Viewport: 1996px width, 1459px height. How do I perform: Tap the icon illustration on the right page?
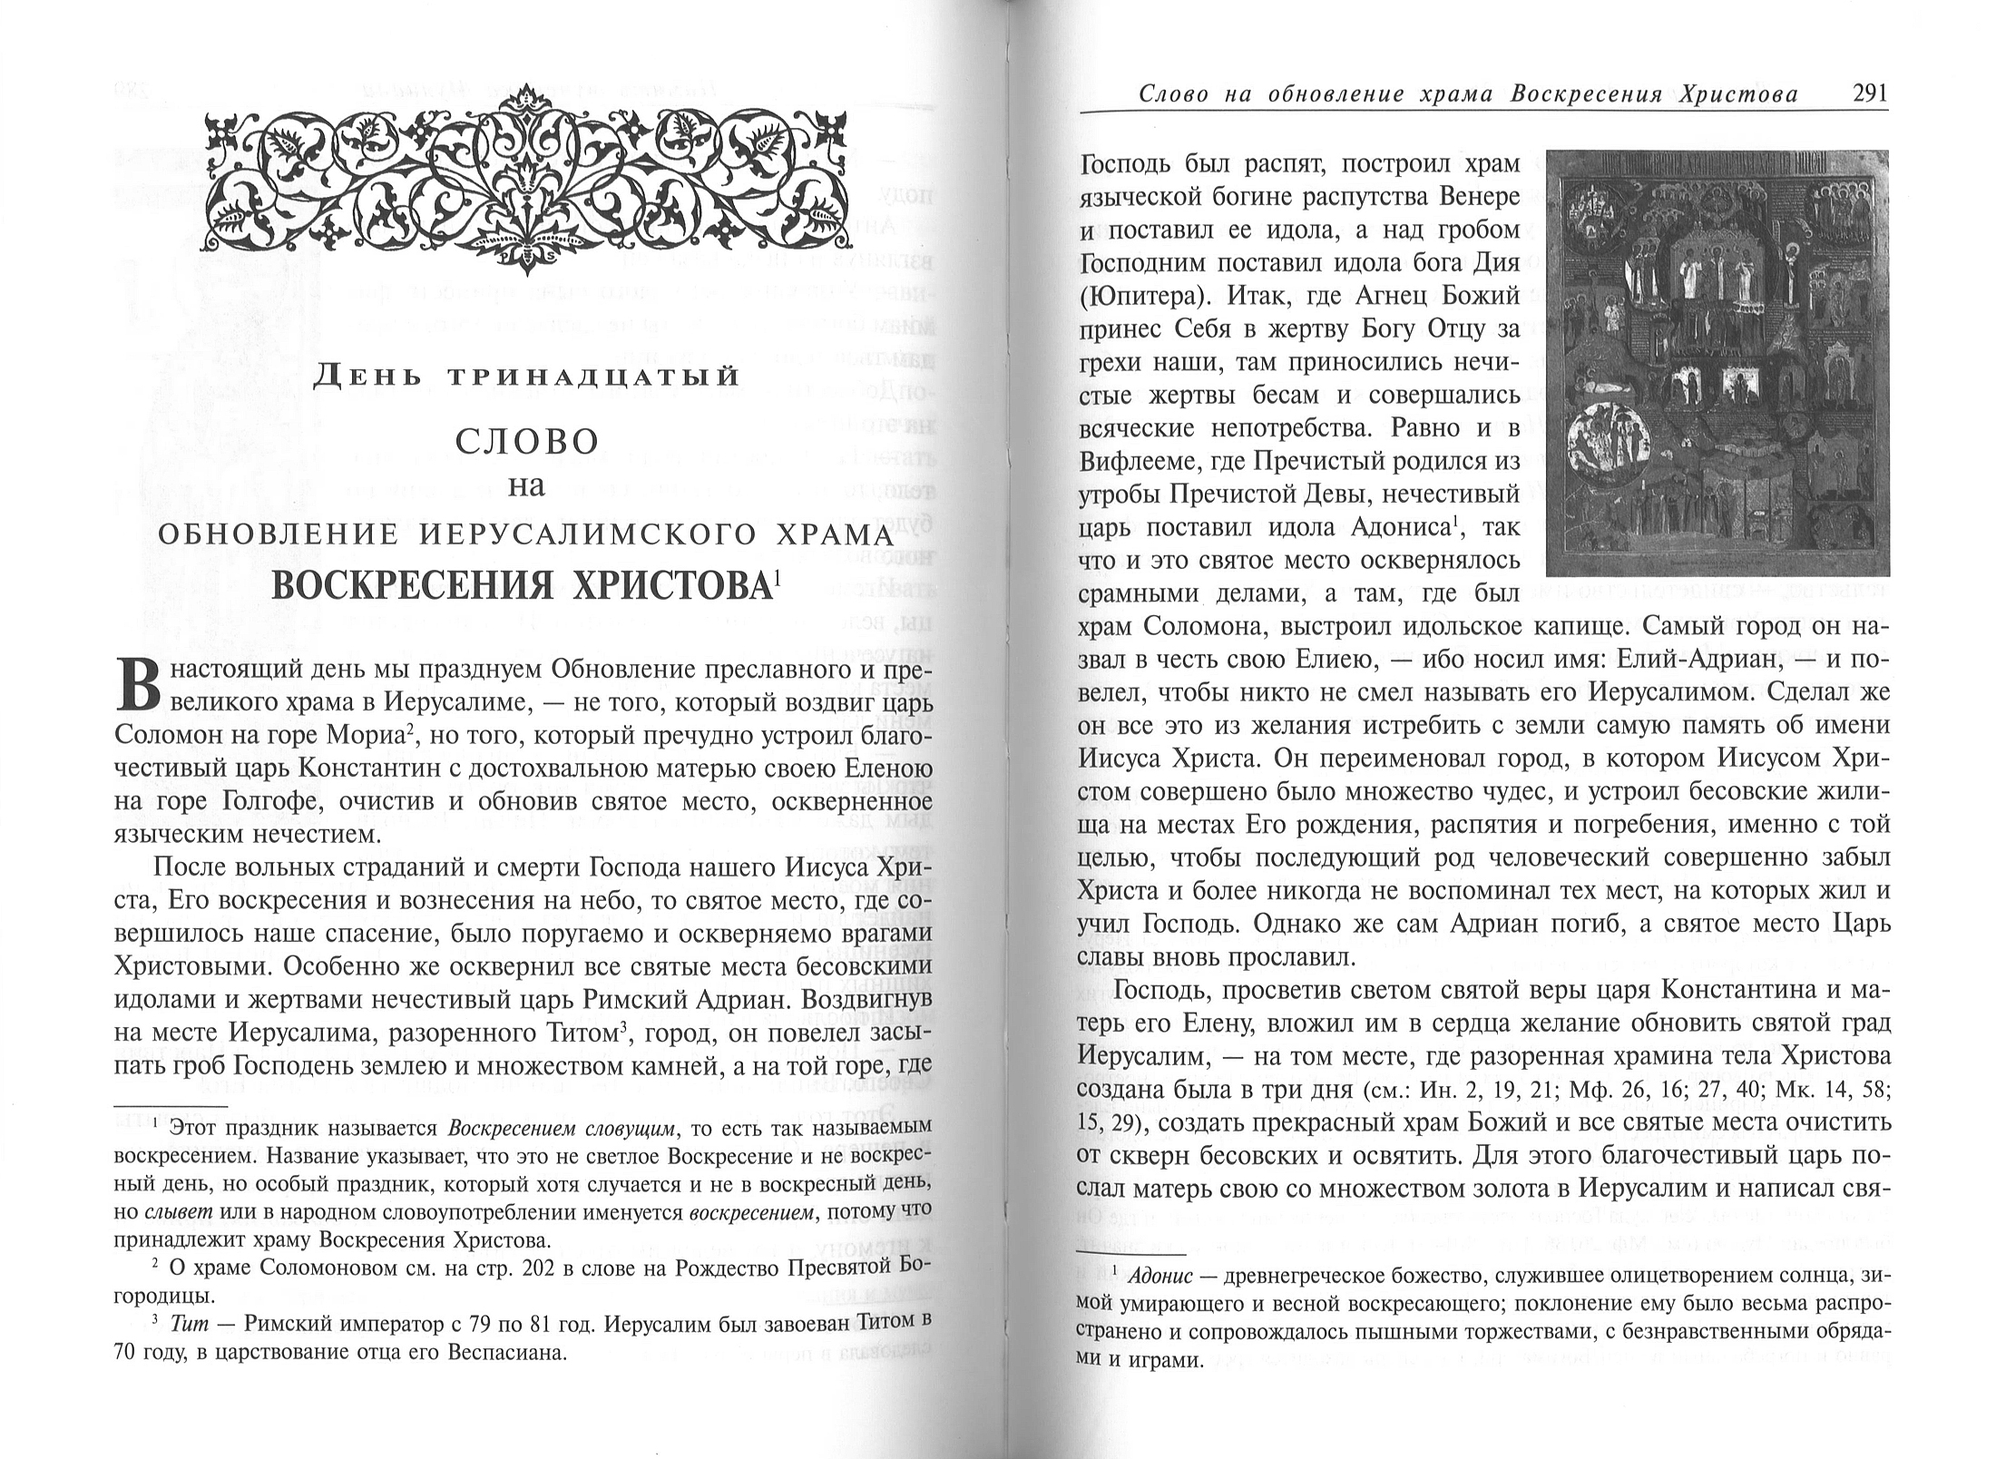[x=1717, y=362]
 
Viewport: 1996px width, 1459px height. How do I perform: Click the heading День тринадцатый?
[x=526, y=377]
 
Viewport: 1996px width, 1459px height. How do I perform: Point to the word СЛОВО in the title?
[x=526, y=443]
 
